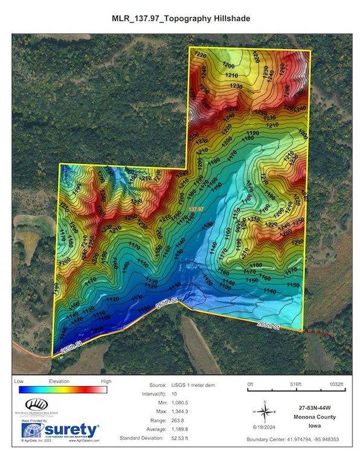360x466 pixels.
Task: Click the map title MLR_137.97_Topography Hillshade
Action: coord(181,19)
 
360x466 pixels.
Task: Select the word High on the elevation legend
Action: coord(106,382)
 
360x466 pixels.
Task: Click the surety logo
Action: coord(60,430)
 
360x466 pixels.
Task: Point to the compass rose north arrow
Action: coord(265,412)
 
